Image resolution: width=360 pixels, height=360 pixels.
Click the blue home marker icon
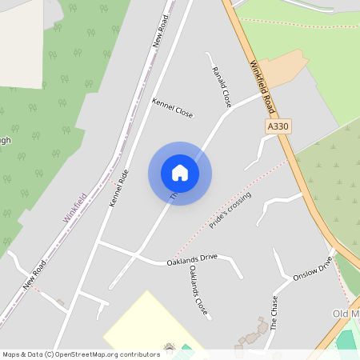pos(180,173)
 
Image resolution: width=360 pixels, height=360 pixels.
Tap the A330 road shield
pos(277,126)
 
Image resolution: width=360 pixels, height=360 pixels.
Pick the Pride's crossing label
pos(230,211)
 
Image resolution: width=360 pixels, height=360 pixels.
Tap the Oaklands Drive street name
pos(192,260)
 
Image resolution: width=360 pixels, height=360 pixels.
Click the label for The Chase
pos(274,313)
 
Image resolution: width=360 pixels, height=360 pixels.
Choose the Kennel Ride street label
pos(119,188)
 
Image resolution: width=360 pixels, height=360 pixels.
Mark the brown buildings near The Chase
pos(254,334)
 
